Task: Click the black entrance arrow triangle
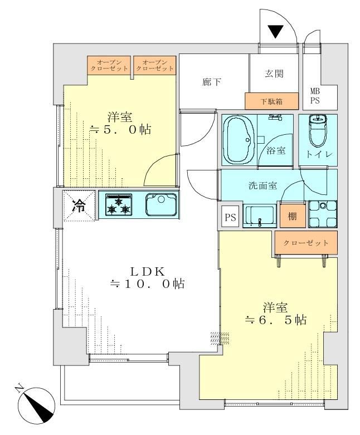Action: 275,31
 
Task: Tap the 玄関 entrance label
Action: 274,74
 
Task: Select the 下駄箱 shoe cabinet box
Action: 271,101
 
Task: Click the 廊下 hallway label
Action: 212,82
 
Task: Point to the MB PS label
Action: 315,96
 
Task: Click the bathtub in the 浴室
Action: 239,140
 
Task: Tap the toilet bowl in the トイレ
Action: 317,131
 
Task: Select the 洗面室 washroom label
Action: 262,185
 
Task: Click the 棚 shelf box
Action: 292,216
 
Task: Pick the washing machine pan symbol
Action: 323,214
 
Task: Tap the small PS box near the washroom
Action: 230,217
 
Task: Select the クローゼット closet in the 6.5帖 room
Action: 306,243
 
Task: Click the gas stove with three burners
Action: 119,205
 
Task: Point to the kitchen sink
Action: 161,205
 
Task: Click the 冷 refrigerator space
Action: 79,206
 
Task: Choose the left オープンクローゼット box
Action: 109,65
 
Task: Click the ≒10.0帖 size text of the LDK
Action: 148,284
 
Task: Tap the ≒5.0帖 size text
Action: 120,130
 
